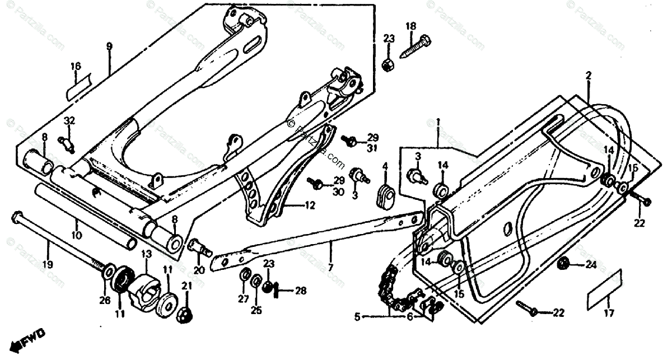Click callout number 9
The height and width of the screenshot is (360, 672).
pos(109,45)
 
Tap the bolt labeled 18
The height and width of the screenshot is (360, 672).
pos(415,47)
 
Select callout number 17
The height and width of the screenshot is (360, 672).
pos(609,313)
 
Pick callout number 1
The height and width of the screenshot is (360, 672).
pos(438,121)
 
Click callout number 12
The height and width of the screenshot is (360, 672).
pos(310,205)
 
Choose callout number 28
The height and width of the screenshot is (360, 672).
pos(301,290)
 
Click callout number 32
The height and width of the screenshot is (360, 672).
pos(69,121)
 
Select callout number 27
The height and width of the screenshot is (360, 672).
pos(243,298)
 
